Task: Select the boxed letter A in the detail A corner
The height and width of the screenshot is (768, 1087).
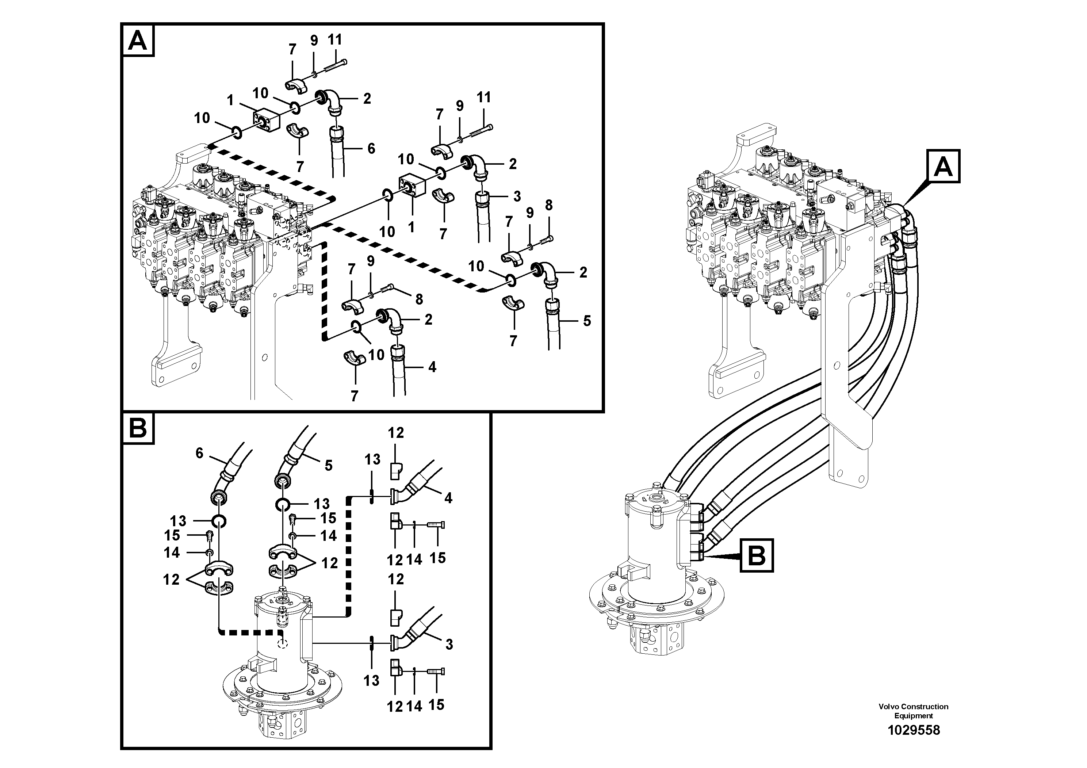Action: tap(138, 41)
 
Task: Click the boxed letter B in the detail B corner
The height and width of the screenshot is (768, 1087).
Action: tap(138, 428)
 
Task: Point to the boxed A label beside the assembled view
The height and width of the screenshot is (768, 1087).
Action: tap(943, 166)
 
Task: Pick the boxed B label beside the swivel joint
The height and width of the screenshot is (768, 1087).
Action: tap(757, 555)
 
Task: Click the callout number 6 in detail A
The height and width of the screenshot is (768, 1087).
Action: tap(371, 149)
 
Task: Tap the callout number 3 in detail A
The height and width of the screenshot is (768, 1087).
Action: tap(517, 196)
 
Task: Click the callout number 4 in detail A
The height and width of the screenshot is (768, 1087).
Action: tap(432, 367)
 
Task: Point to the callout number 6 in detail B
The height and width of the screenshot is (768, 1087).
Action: tap(199, 454)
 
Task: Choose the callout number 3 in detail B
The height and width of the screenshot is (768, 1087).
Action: tap(449, 644)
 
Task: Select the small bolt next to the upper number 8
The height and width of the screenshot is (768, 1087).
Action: tap(546, 239)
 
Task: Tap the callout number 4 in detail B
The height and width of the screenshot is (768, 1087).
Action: tap(448, 498)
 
